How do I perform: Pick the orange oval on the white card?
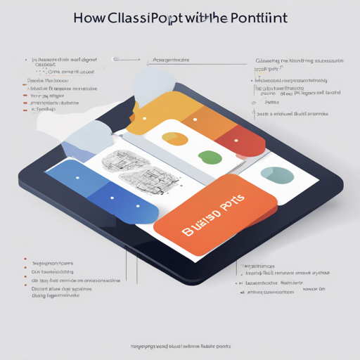175,139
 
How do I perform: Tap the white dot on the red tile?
236,140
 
